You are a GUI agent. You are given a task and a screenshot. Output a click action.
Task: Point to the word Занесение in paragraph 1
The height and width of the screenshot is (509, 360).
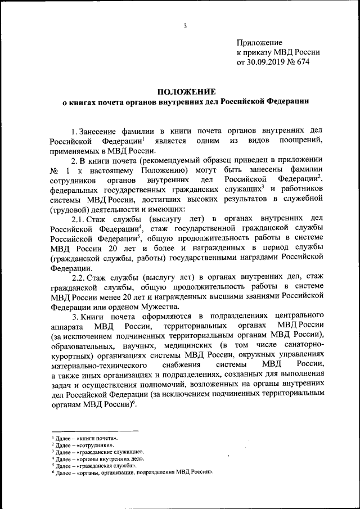[x=101, y=129]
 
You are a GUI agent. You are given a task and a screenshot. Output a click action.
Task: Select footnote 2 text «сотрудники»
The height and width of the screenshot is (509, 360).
[x=93, y=444]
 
